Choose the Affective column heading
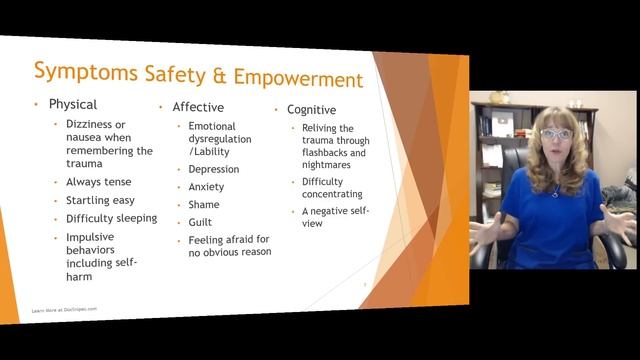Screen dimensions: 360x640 click(x=198, y=107)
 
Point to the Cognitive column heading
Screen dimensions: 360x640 click(x=311, y=110)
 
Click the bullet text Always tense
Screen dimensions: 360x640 click(x=98, y=182)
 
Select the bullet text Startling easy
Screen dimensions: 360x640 click(x=101, y=200)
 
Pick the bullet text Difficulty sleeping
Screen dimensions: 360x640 click(x=111, y=218)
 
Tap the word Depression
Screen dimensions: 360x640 click(x=214, y=169)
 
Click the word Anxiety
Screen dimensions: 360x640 click(x=206, y=187)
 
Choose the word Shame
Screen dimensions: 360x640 click(x=204, y=205)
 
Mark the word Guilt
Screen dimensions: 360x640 click(x=200, y=222)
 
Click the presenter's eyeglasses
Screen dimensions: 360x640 click(x=556, y=134)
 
